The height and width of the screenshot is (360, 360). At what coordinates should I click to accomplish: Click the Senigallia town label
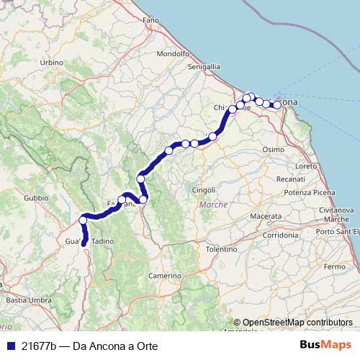(x=204, y=66)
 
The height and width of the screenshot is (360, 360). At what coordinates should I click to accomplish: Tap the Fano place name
(x=150, y=20)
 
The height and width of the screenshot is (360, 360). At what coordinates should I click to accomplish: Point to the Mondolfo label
(x=172, y=53)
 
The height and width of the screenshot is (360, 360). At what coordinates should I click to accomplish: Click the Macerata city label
(x=266, y=216)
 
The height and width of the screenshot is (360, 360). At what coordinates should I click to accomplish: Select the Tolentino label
(x=222, y=248)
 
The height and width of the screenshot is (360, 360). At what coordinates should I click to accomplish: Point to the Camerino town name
(x=165, y=276)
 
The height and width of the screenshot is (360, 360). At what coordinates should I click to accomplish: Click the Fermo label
(x=335, y=266)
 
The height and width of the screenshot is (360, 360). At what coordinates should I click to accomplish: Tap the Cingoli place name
(x=204, y=189)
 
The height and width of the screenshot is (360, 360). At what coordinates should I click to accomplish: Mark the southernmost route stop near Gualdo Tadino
(x=84, y=243)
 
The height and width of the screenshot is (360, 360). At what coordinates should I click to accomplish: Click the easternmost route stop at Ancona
(x=276, y=105)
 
